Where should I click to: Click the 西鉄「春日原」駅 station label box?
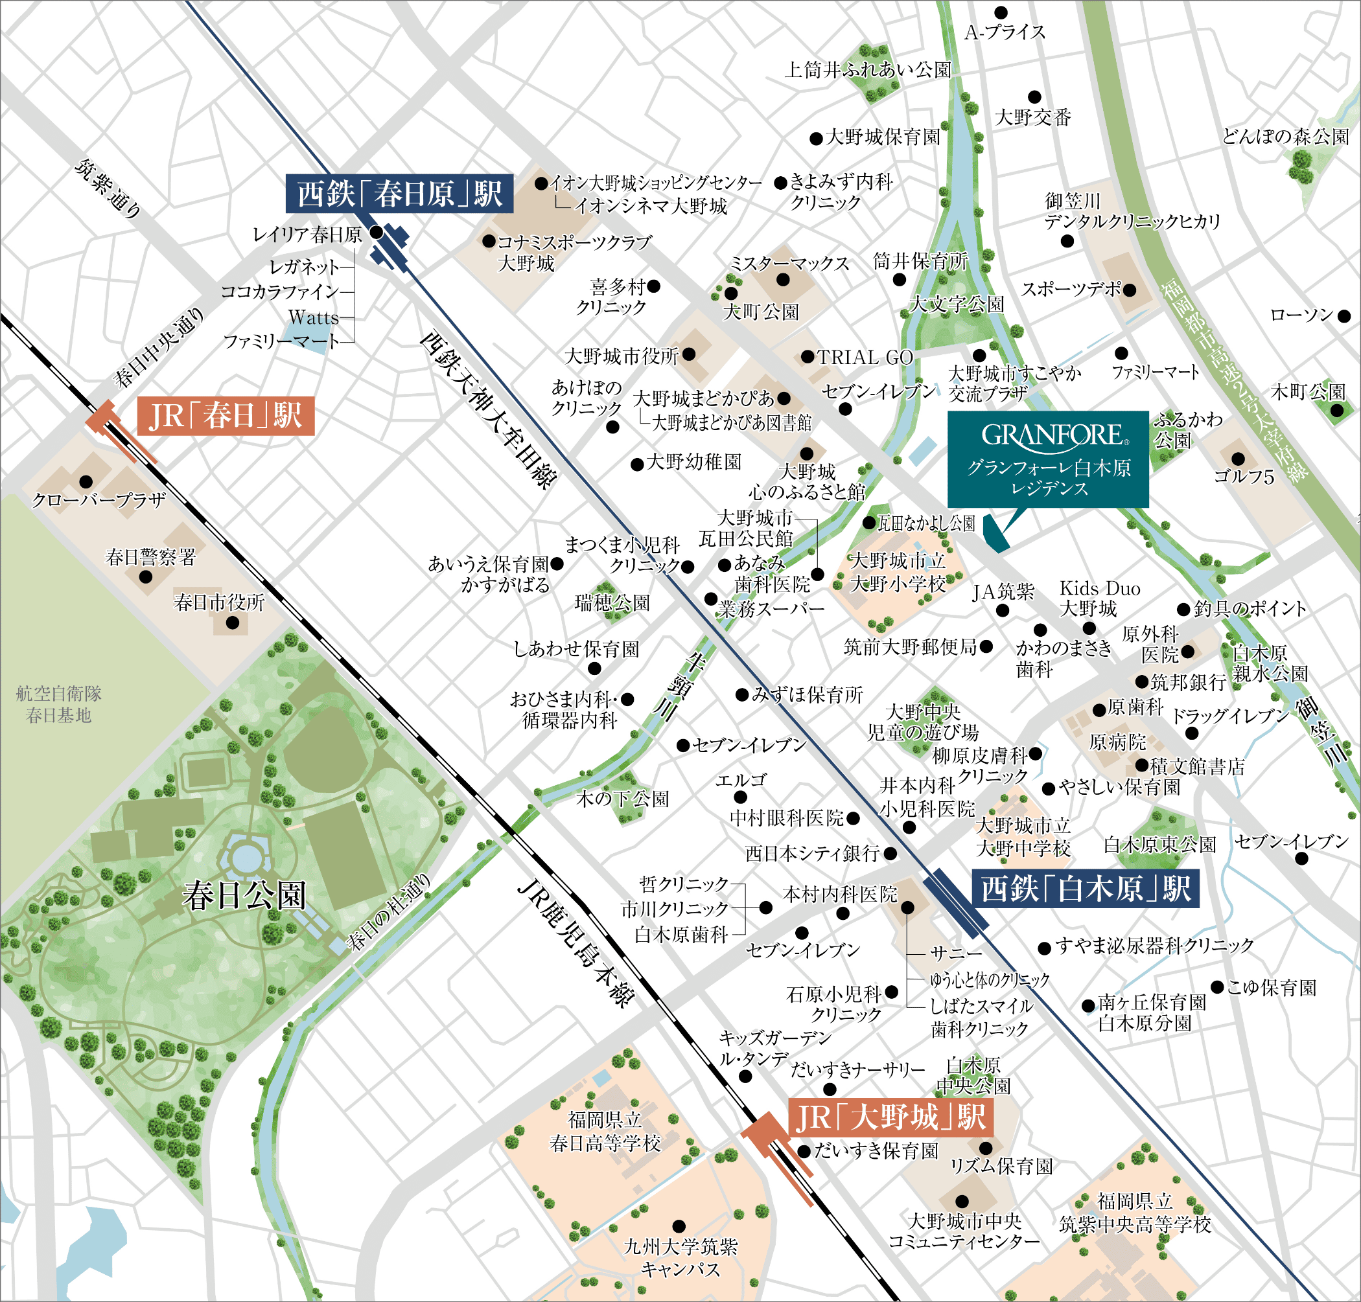[399, 194]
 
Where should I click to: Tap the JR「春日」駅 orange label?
[226, 416]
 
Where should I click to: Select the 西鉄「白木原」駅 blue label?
[1086, 888]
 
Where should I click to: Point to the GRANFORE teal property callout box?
[1049, 459]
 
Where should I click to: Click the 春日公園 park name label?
[244, 895]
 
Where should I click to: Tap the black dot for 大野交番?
[1034, 97]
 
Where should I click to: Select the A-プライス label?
[1005, 32]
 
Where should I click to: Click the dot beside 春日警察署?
[146, 577]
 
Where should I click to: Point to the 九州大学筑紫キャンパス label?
[680, 1257]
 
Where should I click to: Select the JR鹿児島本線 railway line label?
[576, 944]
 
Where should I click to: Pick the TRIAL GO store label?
[865, 358]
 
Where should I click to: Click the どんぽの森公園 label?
[1285, 136]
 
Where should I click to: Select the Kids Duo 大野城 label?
[1099, 599]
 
